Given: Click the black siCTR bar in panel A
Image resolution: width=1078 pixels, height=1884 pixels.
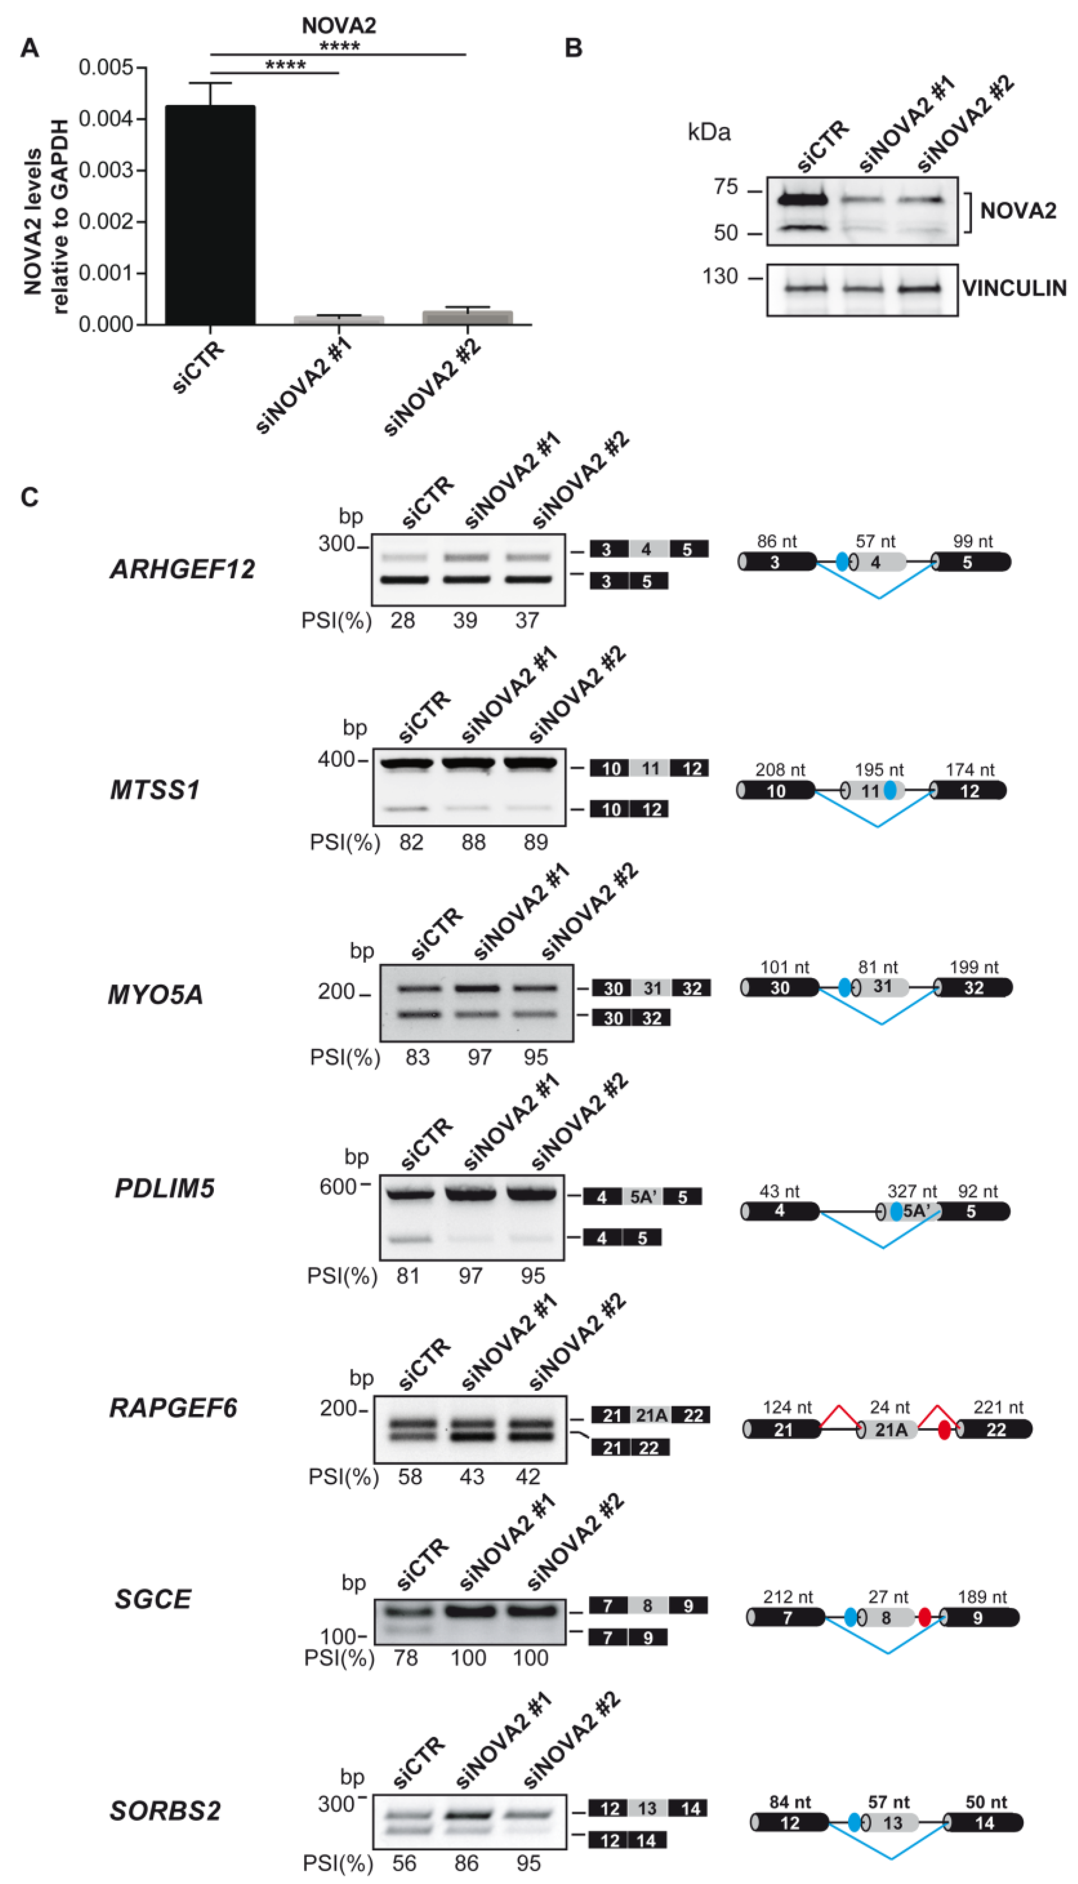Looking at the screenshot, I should [210, 215].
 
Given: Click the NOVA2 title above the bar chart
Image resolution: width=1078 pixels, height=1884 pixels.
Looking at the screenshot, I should [338, 26].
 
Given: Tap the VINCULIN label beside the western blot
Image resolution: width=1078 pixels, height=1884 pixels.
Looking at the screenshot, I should [1014, 288].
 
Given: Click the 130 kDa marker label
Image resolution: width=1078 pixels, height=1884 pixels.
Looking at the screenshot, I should [720, 277].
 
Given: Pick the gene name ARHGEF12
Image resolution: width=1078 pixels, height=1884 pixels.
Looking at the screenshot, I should [182, 569].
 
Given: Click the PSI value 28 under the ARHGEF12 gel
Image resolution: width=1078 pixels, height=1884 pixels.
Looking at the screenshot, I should [403, 620].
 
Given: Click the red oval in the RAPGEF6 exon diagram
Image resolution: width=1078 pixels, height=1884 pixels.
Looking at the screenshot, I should [944, 1430].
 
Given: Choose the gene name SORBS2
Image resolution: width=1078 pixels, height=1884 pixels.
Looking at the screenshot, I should [165, 1811].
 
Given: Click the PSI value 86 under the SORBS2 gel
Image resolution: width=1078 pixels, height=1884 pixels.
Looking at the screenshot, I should [466, 1863].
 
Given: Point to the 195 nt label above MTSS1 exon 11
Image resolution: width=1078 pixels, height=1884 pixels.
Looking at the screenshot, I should [879, 770].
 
